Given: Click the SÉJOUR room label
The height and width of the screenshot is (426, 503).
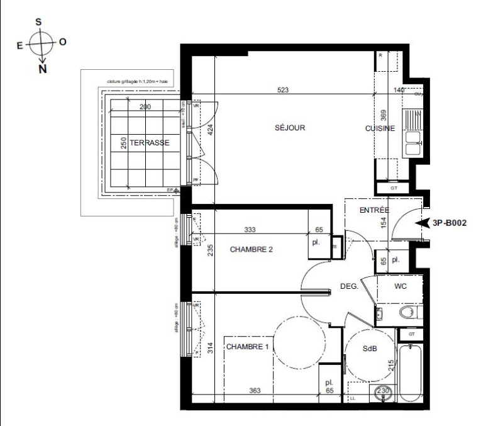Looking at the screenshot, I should click(289, 128).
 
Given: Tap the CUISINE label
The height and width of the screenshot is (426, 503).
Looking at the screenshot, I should click(380, 128).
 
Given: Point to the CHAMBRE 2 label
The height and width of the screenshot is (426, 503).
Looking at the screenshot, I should click(251, 249).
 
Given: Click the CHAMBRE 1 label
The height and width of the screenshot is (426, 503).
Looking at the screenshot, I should click(248, 347).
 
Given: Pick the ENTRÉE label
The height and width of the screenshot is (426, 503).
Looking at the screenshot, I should click(374, 210).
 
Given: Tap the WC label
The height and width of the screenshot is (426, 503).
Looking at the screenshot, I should click(401, 286).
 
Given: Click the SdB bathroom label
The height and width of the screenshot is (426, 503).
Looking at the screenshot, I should click(370, 349).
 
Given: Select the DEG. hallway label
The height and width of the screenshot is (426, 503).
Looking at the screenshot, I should click(349, 286).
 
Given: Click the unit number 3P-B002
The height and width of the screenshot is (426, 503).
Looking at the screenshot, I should click(449, 223).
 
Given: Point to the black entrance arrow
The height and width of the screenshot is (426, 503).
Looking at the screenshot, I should click(421, 223).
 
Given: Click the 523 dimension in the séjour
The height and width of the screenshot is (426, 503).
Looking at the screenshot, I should click(282, 91).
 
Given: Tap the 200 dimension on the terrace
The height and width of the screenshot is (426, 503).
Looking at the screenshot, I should click(145, 107).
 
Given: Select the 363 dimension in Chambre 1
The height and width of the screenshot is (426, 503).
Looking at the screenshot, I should click(255, 391).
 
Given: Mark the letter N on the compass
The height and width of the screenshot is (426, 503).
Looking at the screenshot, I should click(42, 69).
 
